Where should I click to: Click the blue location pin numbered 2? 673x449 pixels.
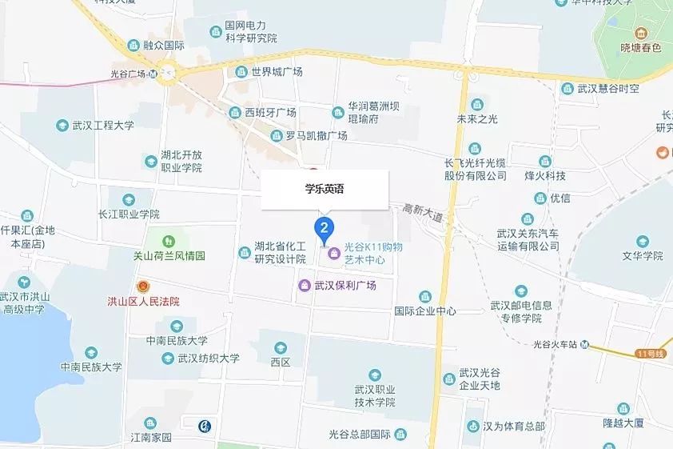coord(324,229)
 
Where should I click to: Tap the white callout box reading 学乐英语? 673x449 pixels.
coord(325,190)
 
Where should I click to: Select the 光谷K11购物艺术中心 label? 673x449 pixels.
coord(373,254)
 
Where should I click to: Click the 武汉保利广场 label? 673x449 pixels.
coord(344,286)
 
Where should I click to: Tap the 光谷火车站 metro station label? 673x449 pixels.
coord(556,345)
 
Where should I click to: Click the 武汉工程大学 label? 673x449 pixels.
coord(102,126)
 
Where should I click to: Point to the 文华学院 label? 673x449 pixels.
coord(643,256)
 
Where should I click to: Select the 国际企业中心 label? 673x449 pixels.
coord(425,311)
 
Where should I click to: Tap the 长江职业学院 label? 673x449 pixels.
coord(129,214)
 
